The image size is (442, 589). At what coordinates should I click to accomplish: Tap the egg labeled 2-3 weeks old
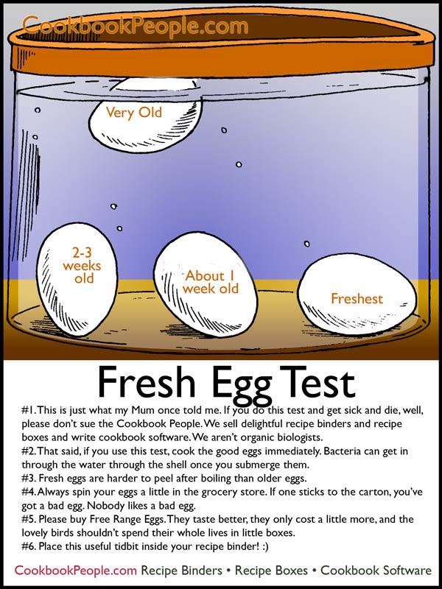[77, 279]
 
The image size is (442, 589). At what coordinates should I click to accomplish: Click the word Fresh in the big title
[147, 382]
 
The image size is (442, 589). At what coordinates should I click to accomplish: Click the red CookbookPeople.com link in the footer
[76, 571]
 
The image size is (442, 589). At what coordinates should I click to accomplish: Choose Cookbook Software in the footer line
[376, 571]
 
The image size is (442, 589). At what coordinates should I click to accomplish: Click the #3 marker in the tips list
[29, 479]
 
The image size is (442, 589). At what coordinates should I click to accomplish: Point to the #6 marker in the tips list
[29, 546]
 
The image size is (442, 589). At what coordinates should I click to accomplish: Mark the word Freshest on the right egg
[357, 299]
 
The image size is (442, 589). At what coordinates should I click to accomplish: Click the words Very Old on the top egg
[134, 113]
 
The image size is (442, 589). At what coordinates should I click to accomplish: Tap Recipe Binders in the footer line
[181, 571]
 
